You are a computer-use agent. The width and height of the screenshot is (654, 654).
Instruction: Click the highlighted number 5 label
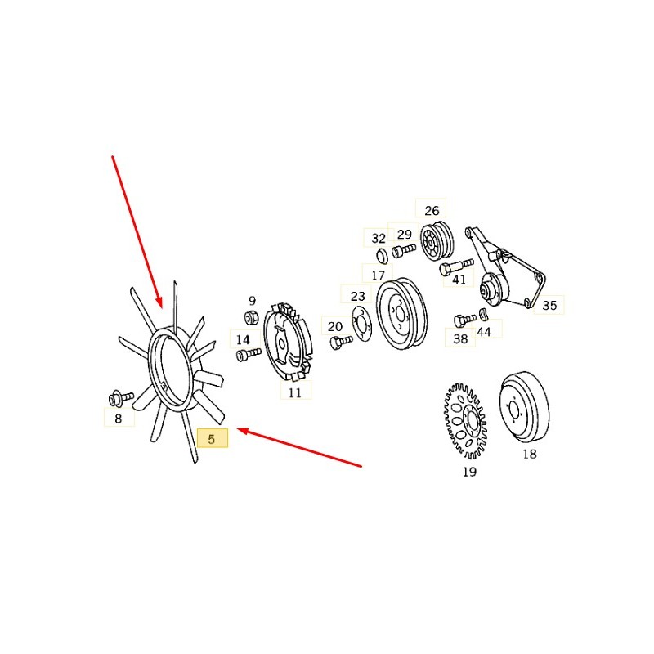(213, 438)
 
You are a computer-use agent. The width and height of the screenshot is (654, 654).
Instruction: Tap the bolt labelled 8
(121, 397)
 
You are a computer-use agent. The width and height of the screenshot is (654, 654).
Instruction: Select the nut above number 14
(252, 318)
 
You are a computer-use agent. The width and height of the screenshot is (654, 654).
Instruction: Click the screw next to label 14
(249, 355)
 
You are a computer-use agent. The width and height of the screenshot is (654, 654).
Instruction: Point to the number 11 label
(295, 392)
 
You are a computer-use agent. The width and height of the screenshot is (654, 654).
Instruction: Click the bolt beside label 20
(341, 342)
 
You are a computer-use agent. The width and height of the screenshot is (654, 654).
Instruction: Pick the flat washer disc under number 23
(361, 324)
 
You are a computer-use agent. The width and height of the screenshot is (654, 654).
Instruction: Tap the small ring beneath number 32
(383, 256)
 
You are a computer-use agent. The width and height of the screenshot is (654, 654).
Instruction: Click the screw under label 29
(404, 250)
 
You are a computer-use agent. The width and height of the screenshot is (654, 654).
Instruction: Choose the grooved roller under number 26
(437, 242)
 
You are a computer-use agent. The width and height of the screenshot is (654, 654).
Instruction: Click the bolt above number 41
(456, 267)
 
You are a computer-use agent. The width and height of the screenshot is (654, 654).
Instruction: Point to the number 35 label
(549, 305)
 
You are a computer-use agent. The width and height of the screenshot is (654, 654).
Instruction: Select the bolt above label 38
(464, 320)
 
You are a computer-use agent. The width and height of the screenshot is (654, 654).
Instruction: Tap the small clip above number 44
(483, 315)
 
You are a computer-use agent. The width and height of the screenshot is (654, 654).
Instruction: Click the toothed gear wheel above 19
(464, 421)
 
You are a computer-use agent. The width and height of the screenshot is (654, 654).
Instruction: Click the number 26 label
(432, 211)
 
